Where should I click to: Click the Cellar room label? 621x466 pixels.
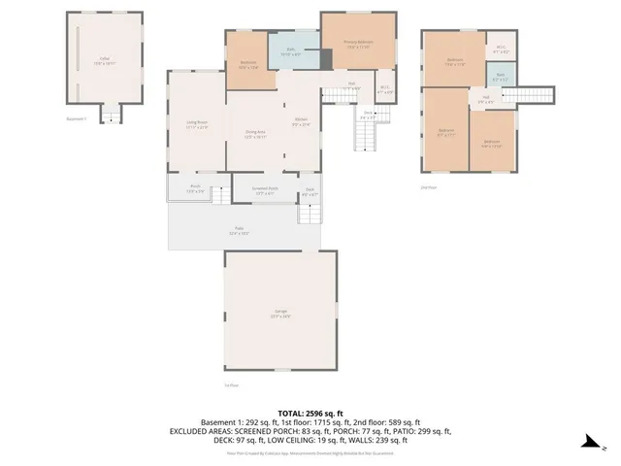coord(104,59)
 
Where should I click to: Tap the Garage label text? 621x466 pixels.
coord(280,314)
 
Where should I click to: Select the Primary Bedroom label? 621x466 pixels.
coord(359,42)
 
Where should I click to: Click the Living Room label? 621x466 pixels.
coord(197,124)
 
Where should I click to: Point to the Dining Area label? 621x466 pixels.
coord(255,135)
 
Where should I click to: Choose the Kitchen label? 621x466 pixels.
coord(302,122)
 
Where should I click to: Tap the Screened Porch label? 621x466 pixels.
coord(266,190)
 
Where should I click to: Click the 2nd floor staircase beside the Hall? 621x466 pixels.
coord(533,94)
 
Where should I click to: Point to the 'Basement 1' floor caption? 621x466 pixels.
coord(77,119)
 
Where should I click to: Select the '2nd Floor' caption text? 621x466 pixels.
coord(427,186)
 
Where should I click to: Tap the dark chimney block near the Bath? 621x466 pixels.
coord(326,57)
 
